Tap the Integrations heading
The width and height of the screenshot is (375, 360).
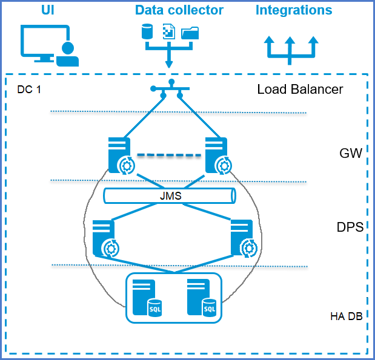[294, 10]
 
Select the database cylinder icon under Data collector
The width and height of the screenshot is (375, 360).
[147, 32]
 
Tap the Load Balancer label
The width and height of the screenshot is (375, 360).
[300, 90]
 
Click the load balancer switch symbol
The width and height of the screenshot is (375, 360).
[171, 89]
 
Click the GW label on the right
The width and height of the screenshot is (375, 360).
[351, 153]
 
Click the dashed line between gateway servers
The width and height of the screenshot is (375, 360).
[168, 155]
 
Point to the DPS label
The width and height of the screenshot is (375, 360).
[350, 227]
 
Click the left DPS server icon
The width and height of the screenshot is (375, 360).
[105, 238]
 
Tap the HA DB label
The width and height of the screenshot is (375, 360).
[347, 316]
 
